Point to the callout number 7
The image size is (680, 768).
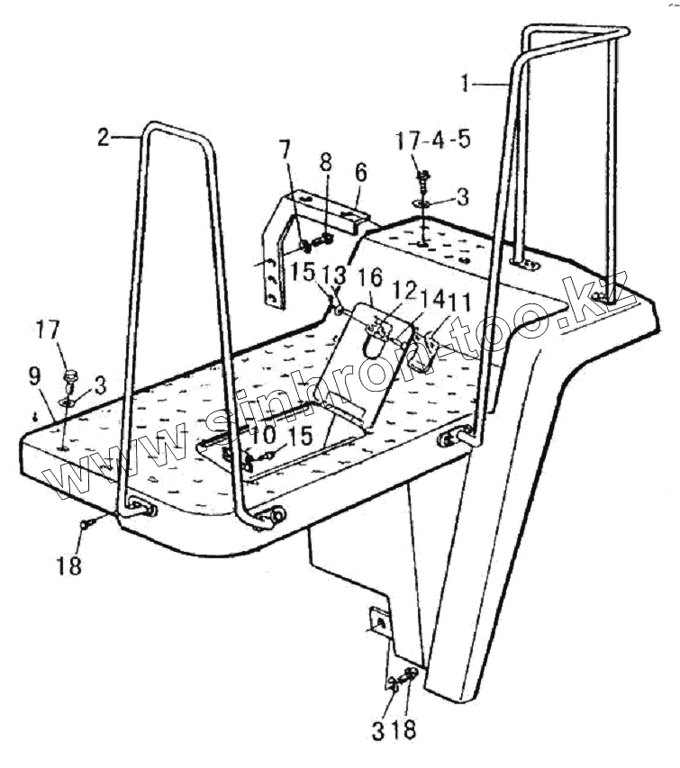pos(285,148)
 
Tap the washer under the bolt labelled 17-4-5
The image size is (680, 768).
pos(422,204)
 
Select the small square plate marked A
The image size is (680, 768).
pos(378,622)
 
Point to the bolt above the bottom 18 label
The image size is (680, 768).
pos(412,676)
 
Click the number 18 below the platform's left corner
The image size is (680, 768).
pos(70,565)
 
